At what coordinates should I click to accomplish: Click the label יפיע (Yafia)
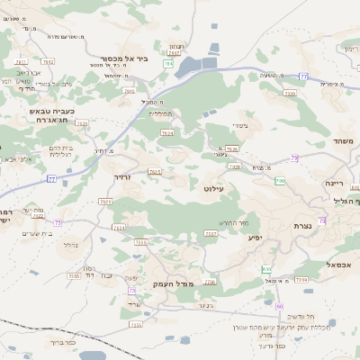click(255, 238)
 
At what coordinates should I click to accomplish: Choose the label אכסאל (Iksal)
click(340, 265)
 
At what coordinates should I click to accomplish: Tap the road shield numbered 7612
click(155, 171)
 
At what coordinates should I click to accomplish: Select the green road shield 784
click(168, 65)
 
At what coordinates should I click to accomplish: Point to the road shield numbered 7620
click(83, 122)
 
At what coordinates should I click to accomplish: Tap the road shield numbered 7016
click(129, 91)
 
